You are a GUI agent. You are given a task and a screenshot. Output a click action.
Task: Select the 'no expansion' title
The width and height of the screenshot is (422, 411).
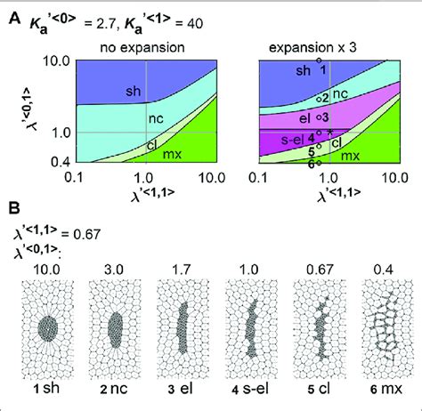tap(143, 44)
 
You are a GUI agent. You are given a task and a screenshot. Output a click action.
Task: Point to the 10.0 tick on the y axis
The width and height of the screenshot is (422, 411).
tap(53, 60)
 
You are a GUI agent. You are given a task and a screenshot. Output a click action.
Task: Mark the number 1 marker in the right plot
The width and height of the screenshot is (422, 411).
tap(322, 68)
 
